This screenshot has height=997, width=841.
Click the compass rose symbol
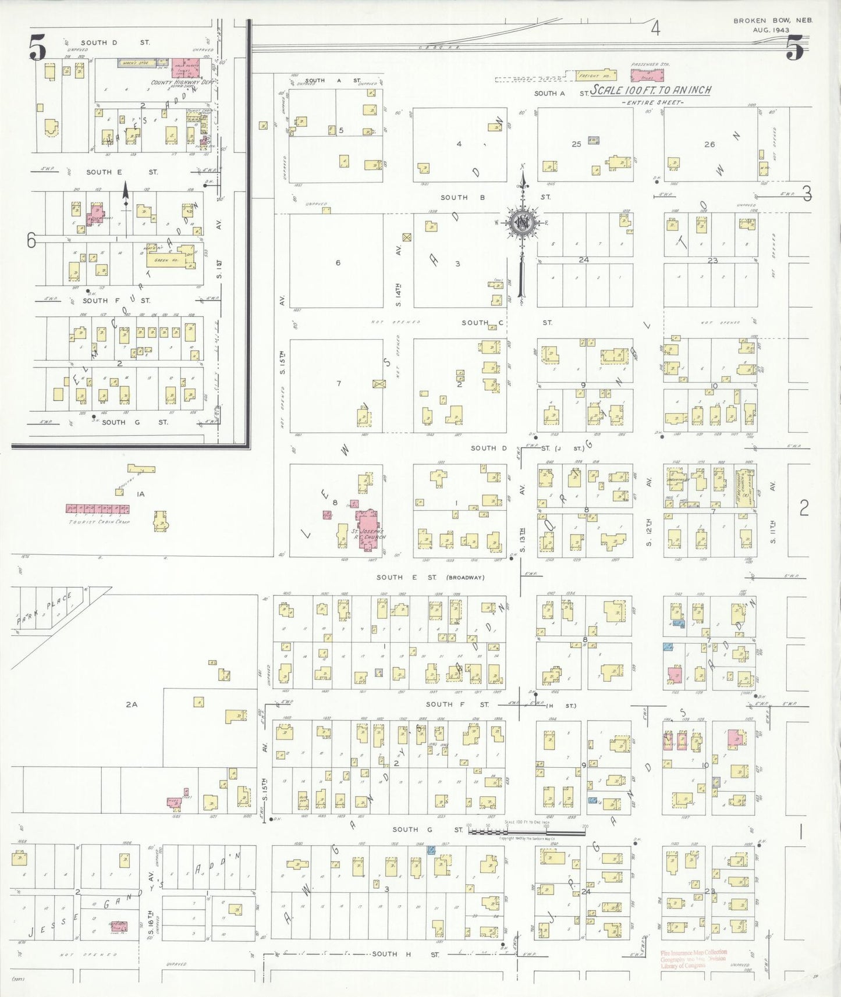(x=523, y=222)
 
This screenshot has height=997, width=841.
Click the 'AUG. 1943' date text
(x=771, y=30)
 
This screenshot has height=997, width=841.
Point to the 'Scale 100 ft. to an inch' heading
(x=651, y=90)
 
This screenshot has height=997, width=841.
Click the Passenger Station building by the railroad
(x=647, y=75)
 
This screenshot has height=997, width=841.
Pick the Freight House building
(x=595, y=76)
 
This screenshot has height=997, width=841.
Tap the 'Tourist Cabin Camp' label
(x=99, y=522)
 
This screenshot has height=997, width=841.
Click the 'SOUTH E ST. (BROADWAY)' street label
(x=430, y=578)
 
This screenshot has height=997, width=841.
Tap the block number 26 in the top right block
(x=709, y=144)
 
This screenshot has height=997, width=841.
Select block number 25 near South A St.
(x=576, y=144)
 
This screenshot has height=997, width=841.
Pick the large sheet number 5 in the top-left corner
(x=37, y=48)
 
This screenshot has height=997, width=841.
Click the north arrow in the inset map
(x=125, y=195)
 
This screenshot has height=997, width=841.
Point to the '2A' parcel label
(x=132, y=704)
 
